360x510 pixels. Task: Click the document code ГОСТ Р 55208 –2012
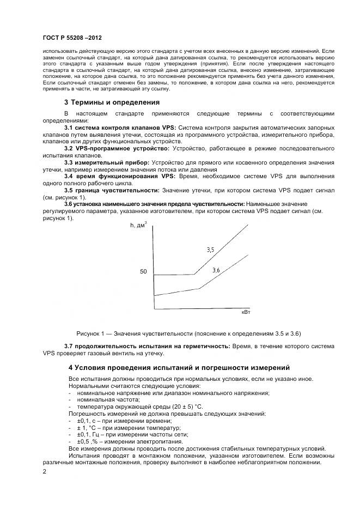(x=72, y=39)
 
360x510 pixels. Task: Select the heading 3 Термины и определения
(x=112, y=101)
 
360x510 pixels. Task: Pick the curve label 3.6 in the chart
(x=216, y=270)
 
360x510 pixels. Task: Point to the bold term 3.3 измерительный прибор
(x=106, y=162)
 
